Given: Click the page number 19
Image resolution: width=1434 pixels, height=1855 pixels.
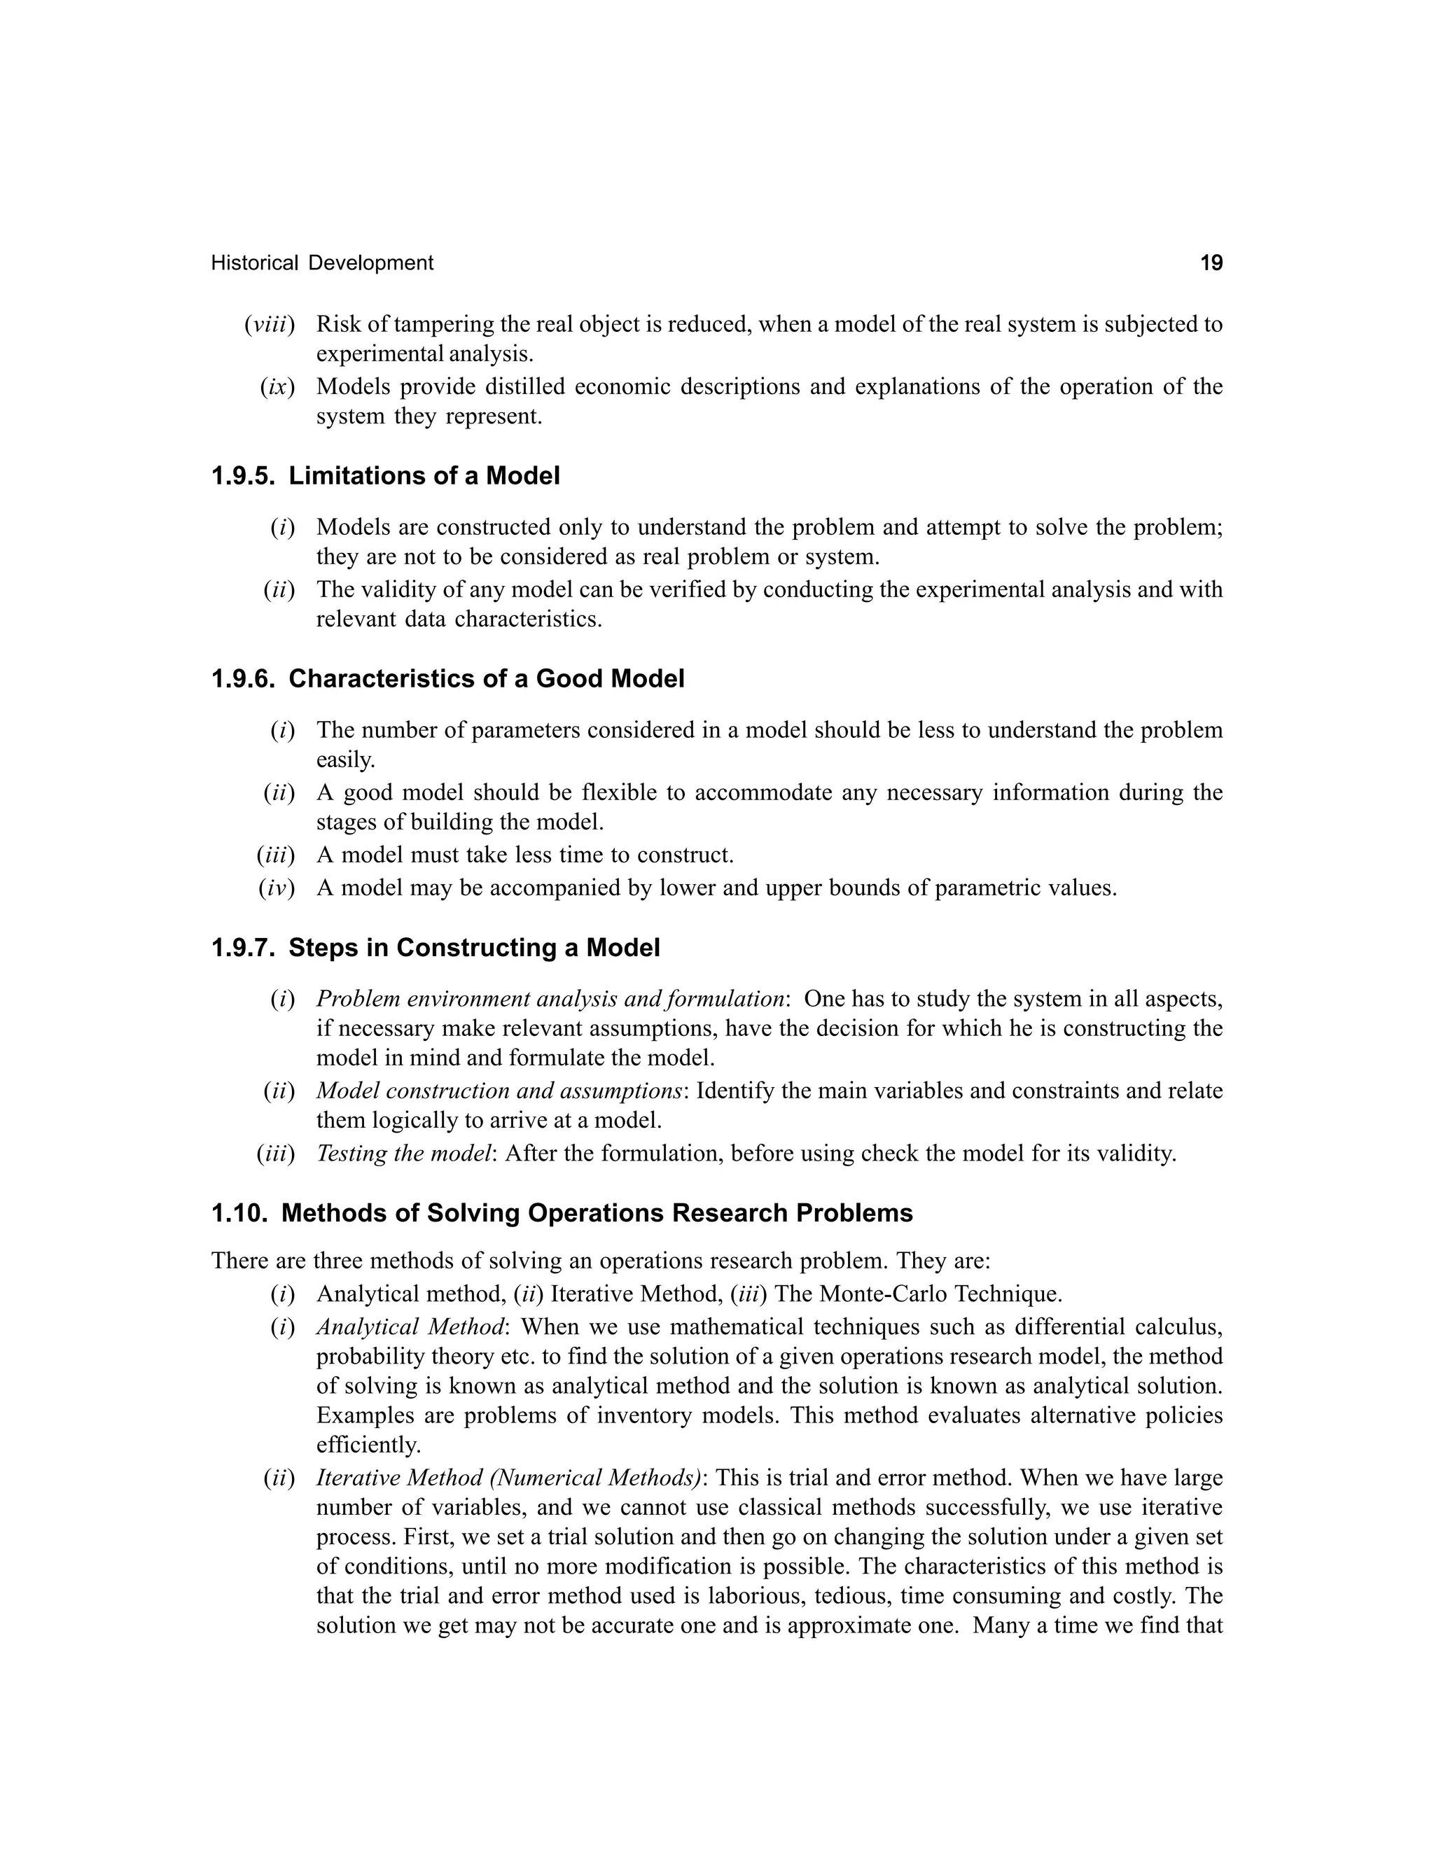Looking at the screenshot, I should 1211,263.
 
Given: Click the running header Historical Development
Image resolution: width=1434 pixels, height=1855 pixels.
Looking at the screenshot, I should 322,263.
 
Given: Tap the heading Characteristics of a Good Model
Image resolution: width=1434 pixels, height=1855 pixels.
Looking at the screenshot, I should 486,680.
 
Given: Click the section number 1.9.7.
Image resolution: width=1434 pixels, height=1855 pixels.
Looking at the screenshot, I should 243,948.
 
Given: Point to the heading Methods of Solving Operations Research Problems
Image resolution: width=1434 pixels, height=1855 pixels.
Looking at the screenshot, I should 597,1213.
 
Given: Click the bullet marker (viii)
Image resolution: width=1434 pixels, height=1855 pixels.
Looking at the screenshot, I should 270,325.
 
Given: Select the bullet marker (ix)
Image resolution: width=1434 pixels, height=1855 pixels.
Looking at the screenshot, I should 277,387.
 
